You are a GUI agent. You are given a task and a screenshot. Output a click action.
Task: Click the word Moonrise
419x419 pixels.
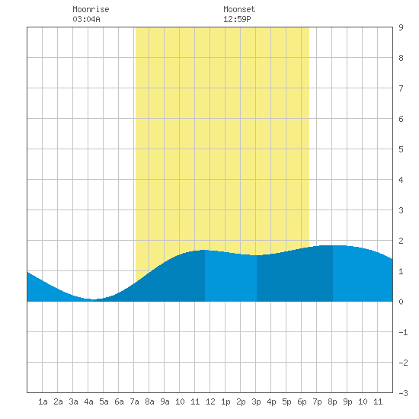pos(91,9)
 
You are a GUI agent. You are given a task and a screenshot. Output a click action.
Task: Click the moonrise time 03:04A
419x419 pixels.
pos(86,19)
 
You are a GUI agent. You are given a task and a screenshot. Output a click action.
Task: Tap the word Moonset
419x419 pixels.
pos(239,9)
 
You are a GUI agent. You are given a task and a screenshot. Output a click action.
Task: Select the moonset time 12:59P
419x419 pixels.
pos(237,19)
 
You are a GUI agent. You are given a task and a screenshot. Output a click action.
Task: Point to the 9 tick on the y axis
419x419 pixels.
pos(401,27)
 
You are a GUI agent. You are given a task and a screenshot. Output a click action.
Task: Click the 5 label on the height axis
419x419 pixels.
pos(401,149)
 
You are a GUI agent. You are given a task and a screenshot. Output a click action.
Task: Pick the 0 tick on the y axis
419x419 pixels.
pos(401,302)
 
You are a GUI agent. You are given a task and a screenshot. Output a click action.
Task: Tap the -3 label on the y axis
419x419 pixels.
pos(403,393)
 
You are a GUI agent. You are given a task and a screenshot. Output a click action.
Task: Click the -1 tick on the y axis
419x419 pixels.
pos(403,332)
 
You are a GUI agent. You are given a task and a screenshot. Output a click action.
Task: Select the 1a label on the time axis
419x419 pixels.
pos(43,401)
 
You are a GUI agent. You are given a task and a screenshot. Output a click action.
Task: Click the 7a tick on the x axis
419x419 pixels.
pos(134,401)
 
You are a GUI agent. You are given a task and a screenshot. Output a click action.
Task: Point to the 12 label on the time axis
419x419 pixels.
pos(210,401)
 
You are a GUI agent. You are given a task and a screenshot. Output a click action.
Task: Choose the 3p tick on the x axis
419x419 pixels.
pos(256,401)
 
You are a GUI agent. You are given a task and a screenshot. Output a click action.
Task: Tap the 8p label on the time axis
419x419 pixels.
pos(332,401)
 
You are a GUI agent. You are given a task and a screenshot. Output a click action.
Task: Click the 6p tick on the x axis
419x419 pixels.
pos(302,401)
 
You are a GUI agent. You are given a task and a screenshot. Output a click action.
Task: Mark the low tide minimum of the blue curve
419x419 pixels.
pos(93,299)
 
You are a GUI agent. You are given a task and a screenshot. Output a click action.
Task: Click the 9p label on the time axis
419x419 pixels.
pos(347,401)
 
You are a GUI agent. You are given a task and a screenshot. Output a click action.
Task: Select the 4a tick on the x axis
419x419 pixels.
pos(88,401)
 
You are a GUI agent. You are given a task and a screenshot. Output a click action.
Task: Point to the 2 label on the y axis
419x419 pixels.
pos(401,241)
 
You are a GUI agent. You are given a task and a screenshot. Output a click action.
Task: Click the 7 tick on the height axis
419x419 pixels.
pos(401,88)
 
